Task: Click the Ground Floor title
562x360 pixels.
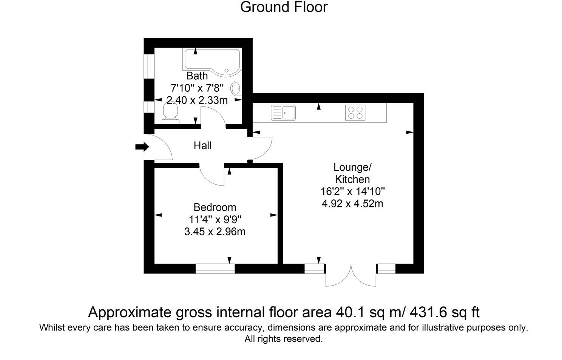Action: pyautogui.click(x=284, y=7)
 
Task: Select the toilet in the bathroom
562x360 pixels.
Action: pyautogui.click(x=170, y=113)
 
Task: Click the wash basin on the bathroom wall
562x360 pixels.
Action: pyautogui.click(x=236, y=88)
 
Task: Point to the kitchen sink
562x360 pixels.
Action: pyautogui.click(x=283, y=113)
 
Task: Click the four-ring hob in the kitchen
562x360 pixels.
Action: pyautogui.click(x=355, y=113)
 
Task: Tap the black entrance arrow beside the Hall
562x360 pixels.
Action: pyautogui.click(x=142, y=147)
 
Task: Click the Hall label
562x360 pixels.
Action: pyautogui.click(x=202, y=145)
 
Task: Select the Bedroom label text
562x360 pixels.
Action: pyautogui.click(x=215, y=207)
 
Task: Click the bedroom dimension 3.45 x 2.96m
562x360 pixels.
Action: pyautogui.click(x=215, y=231)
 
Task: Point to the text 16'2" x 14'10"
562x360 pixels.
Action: pyautogui.click(x=352, y=192)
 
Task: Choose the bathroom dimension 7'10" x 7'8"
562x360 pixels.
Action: pyautogui.click(x=197, y=88)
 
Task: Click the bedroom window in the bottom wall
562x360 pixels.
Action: pyautogui.click(x=215, y=269)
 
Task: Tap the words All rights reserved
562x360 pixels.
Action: pyautogui.click(x=284, y=339)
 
